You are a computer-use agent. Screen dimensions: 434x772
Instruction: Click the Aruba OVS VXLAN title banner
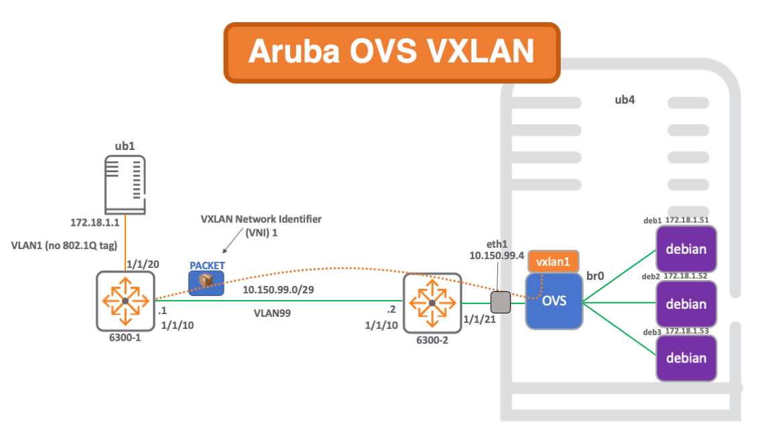391,52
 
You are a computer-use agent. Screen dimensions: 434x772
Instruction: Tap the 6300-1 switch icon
125,301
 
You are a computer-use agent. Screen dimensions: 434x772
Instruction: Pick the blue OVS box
554,301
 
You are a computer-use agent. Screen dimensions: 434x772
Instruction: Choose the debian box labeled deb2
686,304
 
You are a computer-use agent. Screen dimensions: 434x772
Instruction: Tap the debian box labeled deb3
686,358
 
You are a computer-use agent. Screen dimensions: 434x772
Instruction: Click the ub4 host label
625,100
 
